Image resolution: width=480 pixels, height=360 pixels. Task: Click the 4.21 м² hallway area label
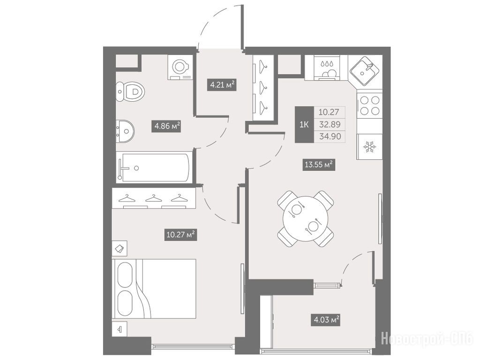click(222, 84)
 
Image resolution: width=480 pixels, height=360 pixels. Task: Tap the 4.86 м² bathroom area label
click(166, 126)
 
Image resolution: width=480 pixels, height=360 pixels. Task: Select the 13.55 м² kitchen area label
click(319, 165)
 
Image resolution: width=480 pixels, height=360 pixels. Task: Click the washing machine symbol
click(180, 67)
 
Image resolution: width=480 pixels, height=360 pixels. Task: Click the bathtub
click(154, 168)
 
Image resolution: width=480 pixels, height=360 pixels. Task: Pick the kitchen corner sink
click(365, 71)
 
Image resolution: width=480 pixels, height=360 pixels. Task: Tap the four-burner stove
click(369, 105)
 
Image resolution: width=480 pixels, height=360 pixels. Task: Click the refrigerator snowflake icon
click(369, 147)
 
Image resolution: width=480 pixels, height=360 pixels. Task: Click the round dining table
click(306, 218)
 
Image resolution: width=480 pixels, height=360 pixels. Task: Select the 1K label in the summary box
click(304, 124)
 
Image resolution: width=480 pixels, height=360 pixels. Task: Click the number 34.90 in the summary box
click(330, 136)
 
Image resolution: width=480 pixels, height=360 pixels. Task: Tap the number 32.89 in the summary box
click(330, 124)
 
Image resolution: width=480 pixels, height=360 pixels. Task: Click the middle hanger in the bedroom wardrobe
click(154, 198)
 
